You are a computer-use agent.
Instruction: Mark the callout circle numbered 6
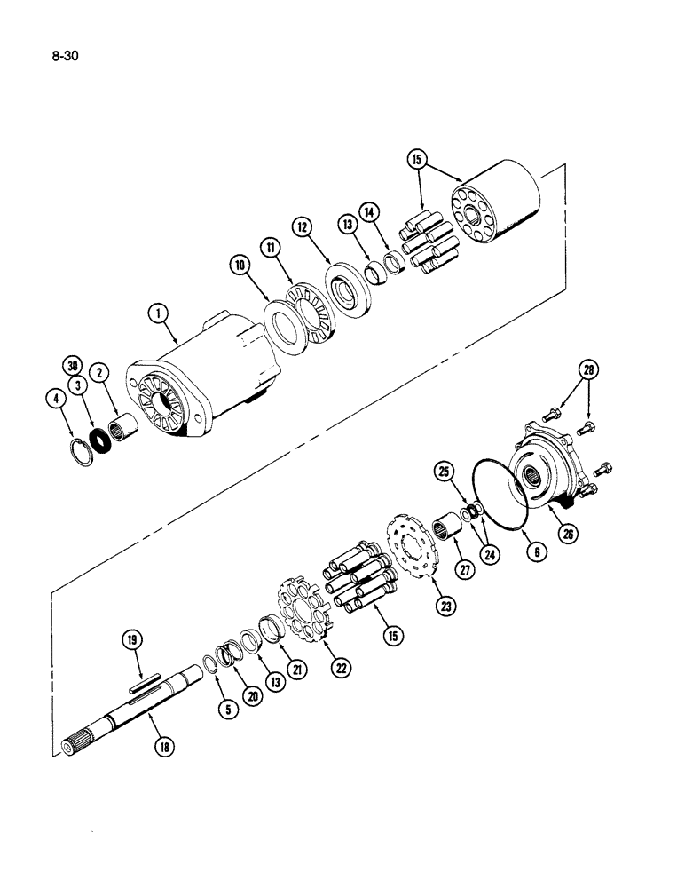click(x=538, y=551)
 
